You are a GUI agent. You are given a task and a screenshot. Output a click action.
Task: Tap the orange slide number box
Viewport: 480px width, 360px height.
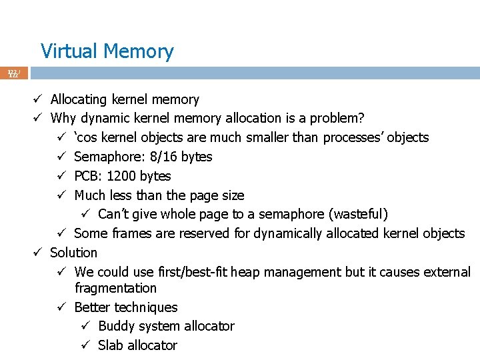(x=14, y=73)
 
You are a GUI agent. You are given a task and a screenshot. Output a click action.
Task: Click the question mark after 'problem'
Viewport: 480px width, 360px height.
(x=361, y=119)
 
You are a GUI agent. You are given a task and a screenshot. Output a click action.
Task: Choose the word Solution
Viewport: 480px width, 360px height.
(x=74, y=253)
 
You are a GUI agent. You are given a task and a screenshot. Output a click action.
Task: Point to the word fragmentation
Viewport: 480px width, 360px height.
(x=115, y=288)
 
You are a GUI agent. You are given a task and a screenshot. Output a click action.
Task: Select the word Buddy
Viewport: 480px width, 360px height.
(x=117, y=326)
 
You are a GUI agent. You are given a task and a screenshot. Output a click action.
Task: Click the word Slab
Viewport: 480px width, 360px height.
(x=111, y=345)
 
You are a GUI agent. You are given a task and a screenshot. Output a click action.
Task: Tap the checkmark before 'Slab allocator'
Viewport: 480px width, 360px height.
(x=85, y=345)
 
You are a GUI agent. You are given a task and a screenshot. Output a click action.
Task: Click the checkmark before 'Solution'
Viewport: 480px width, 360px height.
(x=39, y=253)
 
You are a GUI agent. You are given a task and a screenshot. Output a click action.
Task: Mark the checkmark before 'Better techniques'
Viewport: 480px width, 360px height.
(x=61, y=307)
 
